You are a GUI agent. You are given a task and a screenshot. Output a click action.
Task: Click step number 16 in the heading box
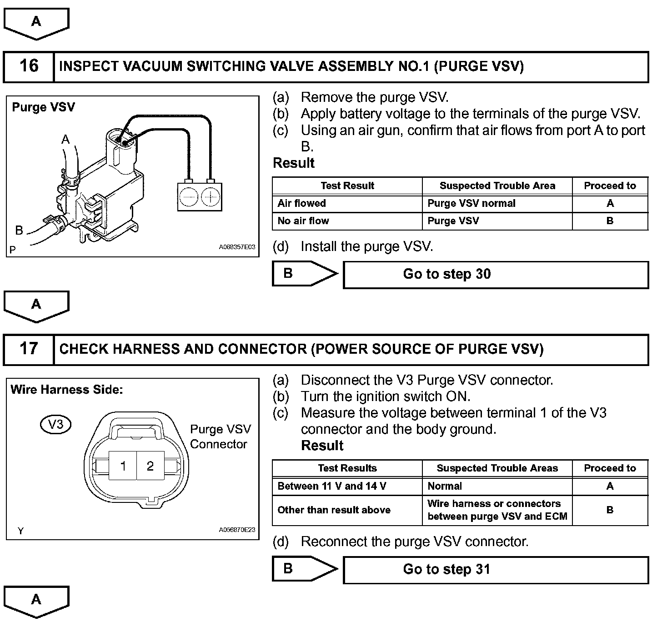(29, 66)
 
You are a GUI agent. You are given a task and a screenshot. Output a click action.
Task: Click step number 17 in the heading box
(29, 349)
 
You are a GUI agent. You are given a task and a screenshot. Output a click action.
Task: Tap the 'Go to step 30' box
(495, 274)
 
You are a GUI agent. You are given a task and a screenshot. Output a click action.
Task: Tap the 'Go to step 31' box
(495, 569)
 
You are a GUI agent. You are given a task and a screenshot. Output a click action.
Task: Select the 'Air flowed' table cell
(347, 203)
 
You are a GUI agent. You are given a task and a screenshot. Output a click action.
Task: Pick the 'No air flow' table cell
(347, 221)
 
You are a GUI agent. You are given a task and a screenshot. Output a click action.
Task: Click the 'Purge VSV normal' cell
(496, 203)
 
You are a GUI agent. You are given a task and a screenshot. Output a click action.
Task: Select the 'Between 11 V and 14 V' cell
(347, 486)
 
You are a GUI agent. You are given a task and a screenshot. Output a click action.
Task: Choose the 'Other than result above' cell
(347, 510)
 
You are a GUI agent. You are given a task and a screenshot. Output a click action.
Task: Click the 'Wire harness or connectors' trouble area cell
(496, 510)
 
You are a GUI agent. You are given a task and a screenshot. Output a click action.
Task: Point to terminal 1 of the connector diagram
(123, 466)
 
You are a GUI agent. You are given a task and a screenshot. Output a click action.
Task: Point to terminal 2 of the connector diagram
(150, 466)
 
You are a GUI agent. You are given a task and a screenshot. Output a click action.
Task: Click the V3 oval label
(55, 424)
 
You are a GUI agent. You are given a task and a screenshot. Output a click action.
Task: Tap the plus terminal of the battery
(211, 197)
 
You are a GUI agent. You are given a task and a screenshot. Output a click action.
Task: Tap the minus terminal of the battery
(188, 197)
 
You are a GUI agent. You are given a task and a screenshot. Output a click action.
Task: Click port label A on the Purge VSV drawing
(66, 139)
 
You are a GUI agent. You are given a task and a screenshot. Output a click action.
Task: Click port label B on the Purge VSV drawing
(19, 230)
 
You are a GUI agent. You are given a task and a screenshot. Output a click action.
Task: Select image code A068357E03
(237, 247)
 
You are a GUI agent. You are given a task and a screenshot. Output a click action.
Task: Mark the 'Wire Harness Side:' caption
(66, 390)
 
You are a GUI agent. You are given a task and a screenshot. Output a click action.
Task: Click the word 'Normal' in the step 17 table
(445, 486)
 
